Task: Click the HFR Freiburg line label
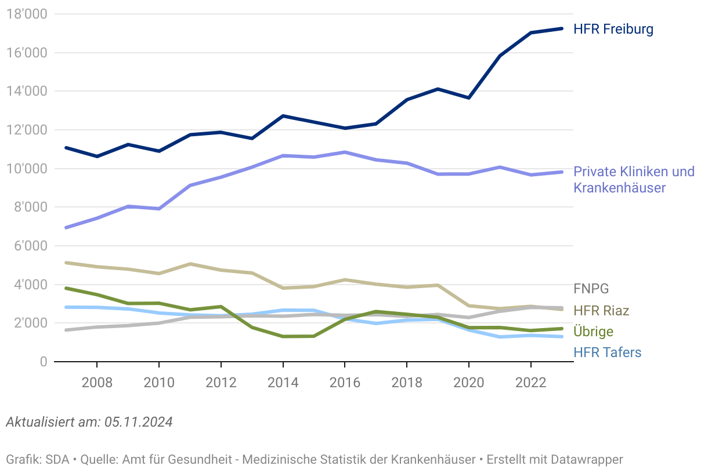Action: pyautogui.click(x=613, y=29)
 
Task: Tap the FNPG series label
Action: pyautogui.click(x=591, y=289)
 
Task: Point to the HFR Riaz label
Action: pyautogui.click(x=601, y=311)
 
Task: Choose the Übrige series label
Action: pyautogui.click(x=593, y=332)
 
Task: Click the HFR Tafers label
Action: pyautogui.click(x=607, y=352)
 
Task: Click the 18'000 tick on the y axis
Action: pyautogui.click(x=27, y=14)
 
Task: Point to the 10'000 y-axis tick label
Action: pyautogui.click(x=27, y=169)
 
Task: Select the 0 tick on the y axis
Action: pyautogui.click(x=42, y=362)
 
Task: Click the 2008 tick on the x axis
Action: pyautogui.click(x=97, y=383)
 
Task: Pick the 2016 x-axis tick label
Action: pyautogui.click(x=345, y=383)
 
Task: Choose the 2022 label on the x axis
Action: pyautogui.click(x=530, y=383)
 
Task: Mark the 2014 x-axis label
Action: pyautogui.click(x=283, y=383)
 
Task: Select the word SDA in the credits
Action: pyautogui.click(x=57, y=460)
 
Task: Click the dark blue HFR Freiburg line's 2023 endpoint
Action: pyautogui.click(x=561, y=28)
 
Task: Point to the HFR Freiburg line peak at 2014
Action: pyautogui.click(x=283, y=116)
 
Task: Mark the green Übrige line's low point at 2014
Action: pyautogui.click(x=283, y=336)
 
